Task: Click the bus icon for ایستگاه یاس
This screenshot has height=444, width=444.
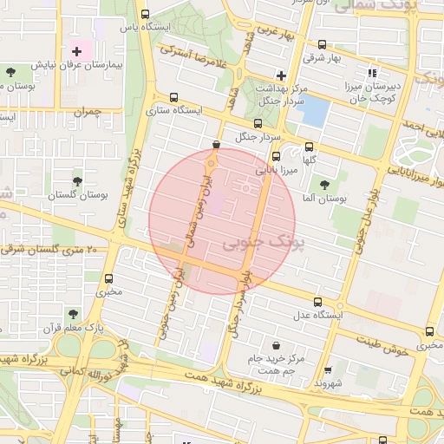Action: click(144, 14)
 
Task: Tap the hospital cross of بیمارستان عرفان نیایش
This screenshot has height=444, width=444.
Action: click(77, 52)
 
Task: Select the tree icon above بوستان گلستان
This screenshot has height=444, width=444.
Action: click(78, 181)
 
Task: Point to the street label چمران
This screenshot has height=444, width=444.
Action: click(87, 112)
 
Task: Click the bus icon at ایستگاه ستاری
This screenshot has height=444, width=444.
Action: click(175, 97)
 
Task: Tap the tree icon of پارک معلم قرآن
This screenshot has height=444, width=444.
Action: click(72, 314)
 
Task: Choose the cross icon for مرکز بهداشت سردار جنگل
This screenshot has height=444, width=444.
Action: click(281, 75)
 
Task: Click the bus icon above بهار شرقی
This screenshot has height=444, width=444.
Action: click(323, 44)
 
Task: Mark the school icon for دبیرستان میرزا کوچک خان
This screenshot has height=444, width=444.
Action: click(373, 73)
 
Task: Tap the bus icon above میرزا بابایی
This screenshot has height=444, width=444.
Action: click(276, 157)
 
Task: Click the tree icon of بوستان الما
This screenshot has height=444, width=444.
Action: click(324, 184)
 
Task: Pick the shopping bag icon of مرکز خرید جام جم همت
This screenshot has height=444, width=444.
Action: click(276, 344)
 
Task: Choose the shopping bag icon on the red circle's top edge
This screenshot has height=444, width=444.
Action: click(216, 145)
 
